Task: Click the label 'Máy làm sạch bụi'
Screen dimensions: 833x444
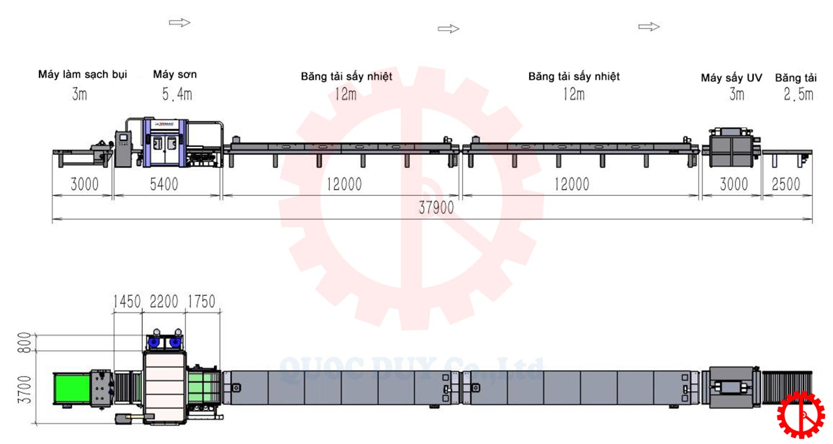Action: (x=83, y=75)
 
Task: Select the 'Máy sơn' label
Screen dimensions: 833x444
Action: (x=175, y=74)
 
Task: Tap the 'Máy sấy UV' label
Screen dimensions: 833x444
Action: (x=731, y=78)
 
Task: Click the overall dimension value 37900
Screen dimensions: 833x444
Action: (x=436, y=208)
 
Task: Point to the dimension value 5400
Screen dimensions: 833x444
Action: (x=164, y=184)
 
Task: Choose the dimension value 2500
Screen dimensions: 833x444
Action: (x=786, y=184)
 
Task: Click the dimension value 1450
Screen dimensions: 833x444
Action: (x=127, y=301)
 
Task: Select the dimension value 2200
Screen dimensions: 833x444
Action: (x=164, y=301)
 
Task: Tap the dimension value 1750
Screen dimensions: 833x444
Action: (x=201, y=301)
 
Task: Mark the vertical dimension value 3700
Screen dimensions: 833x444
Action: (x=24, y=390)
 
